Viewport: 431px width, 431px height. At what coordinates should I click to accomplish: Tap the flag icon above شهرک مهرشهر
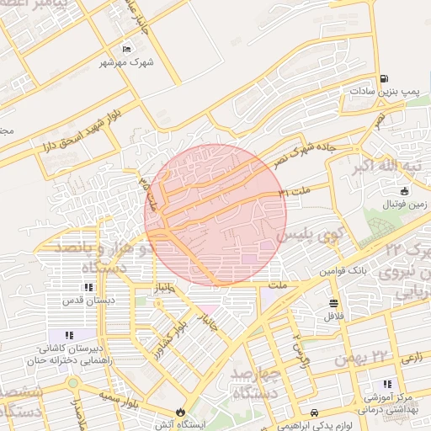pos(127,49)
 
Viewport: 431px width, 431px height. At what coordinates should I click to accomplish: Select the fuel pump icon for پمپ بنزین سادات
pos(384,78)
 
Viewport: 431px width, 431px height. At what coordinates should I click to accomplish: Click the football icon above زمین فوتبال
pos(404,191)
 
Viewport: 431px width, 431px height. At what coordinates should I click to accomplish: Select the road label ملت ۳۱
pos(295,194)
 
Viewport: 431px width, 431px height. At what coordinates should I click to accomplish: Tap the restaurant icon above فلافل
pos(334,303)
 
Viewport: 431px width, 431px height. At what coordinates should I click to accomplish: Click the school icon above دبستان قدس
pos(89,287)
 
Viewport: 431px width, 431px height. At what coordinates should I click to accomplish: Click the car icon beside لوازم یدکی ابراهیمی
pos(314,412)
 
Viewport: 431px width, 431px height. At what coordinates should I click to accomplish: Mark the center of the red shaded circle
pos(215,215)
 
